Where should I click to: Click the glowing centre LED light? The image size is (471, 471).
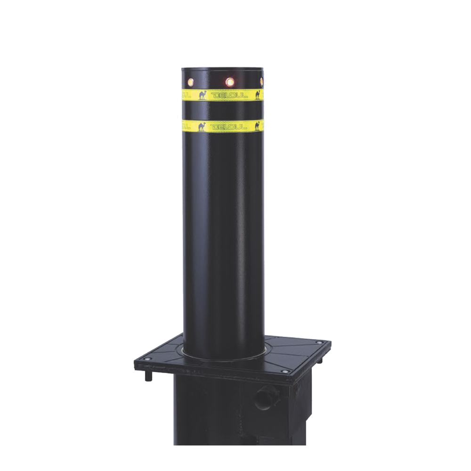(x=229, y=82)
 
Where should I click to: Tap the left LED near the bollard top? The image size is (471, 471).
(x=191, y=82)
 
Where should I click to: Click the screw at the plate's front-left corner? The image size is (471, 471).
(x=151, y=360)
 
